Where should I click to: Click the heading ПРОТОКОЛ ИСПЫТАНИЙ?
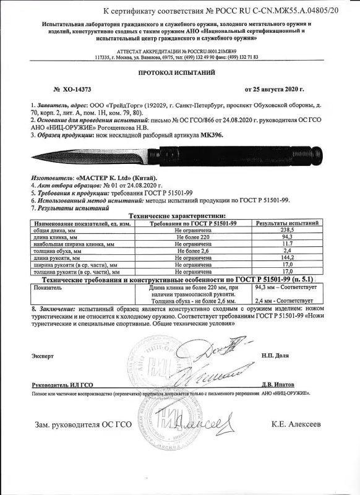179,72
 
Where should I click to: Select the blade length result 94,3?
287,236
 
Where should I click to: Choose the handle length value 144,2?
287,259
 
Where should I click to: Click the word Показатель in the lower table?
52,288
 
